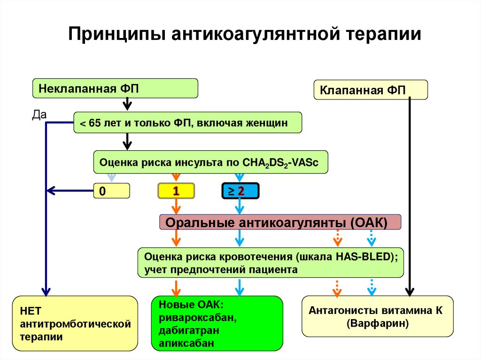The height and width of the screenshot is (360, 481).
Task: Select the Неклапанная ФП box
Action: pos(115,88)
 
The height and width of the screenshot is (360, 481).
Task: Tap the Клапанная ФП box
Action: pos(370,90)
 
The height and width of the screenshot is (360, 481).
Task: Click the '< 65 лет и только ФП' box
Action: pos(187,123)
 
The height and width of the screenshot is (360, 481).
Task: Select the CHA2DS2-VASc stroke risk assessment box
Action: pos(210,163)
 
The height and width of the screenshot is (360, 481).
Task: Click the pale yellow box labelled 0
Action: pos(111,191)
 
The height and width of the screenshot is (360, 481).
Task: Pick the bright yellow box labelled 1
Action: pos(175,191)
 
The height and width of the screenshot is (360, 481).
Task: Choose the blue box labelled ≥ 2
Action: pos(240,191)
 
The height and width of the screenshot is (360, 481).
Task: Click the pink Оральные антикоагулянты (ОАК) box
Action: pos(280,222)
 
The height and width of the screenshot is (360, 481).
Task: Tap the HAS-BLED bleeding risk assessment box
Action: pos(270,263)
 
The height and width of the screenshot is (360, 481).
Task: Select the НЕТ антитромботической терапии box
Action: pos(75,324)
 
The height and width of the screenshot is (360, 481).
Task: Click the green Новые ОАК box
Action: pos(217,324)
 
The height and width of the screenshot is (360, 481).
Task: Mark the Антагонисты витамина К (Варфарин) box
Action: pos(377,316)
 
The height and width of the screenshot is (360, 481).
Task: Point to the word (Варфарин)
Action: pos(378,323)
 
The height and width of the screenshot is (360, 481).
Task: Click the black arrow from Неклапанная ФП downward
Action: pos(126,103)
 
